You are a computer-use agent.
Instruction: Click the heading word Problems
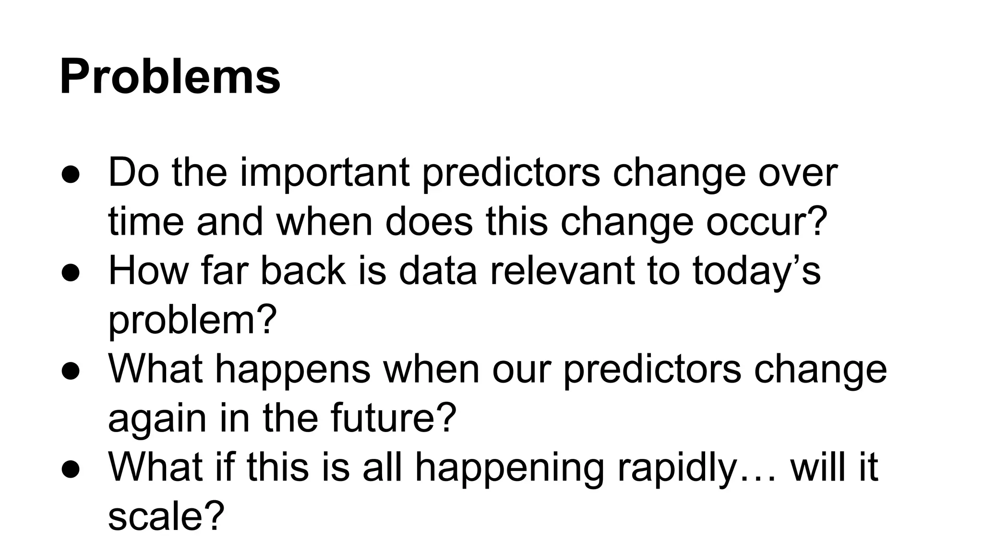pos(170,77)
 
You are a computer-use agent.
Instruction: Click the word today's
pos(756,272)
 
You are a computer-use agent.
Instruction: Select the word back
pos(302,271)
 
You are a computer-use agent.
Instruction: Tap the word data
pos(438,271)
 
